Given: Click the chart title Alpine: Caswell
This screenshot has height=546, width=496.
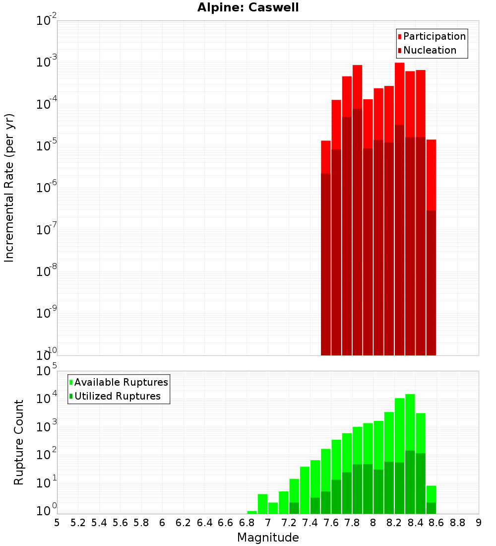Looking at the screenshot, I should coord(248,8).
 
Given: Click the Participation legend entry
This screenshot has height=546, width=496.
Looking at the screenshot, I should coord(432,36).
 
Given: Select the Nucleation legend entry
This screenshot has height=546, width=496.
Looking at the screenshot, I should coord(427,50).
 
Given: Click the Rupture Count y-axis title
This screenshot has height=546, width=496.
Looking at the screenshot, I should coord(19,442).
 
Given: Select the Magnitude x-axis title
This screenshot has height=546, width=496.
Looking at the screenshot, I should coord(268,538).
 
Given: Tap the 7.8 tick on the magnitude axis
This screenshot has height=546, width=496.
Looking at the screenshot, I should coord(352,523).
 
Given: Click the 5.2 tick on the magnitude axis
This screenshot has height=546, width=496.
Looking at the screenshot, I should coord(78,523).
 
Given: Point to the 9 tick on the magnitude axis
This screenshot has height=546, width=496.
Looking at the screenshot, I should coord(479,523).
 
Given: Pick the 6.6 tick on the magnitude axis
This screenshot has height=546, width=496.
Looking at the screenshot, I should coord(226,523).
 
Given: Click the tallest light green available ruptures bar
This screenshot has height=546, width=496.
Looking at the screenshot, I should coord(410,422).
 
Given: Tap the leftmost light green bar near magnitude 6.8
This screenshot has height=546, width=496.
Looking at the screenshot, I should coord(252,512).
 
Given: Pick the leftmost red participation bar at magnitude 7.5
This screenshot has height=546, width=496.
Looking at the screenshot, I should coord(326,157).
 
